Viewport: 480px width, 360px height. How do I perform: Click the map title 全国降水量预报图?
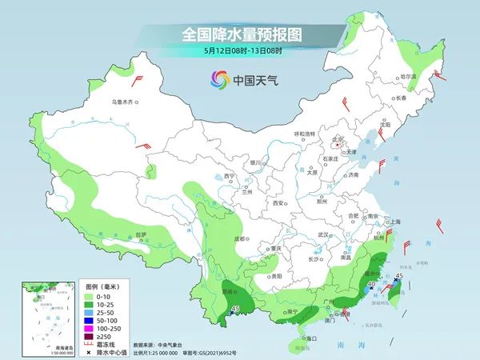[239, 35]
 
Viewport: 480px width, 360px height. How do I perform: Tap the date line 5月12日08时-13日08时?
[239, 52]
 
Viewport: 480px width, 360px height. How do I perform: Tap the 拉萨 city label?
[141, 235]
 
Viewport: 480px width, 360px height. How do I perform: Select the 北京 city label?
[338, 139]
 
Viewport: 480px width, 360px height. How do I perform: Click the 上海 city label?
[394, 222]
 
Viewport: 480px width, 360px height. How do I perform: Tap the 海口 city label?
[310, 339]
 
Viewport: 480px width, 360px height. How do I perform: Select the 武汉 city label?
[323, 234]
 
